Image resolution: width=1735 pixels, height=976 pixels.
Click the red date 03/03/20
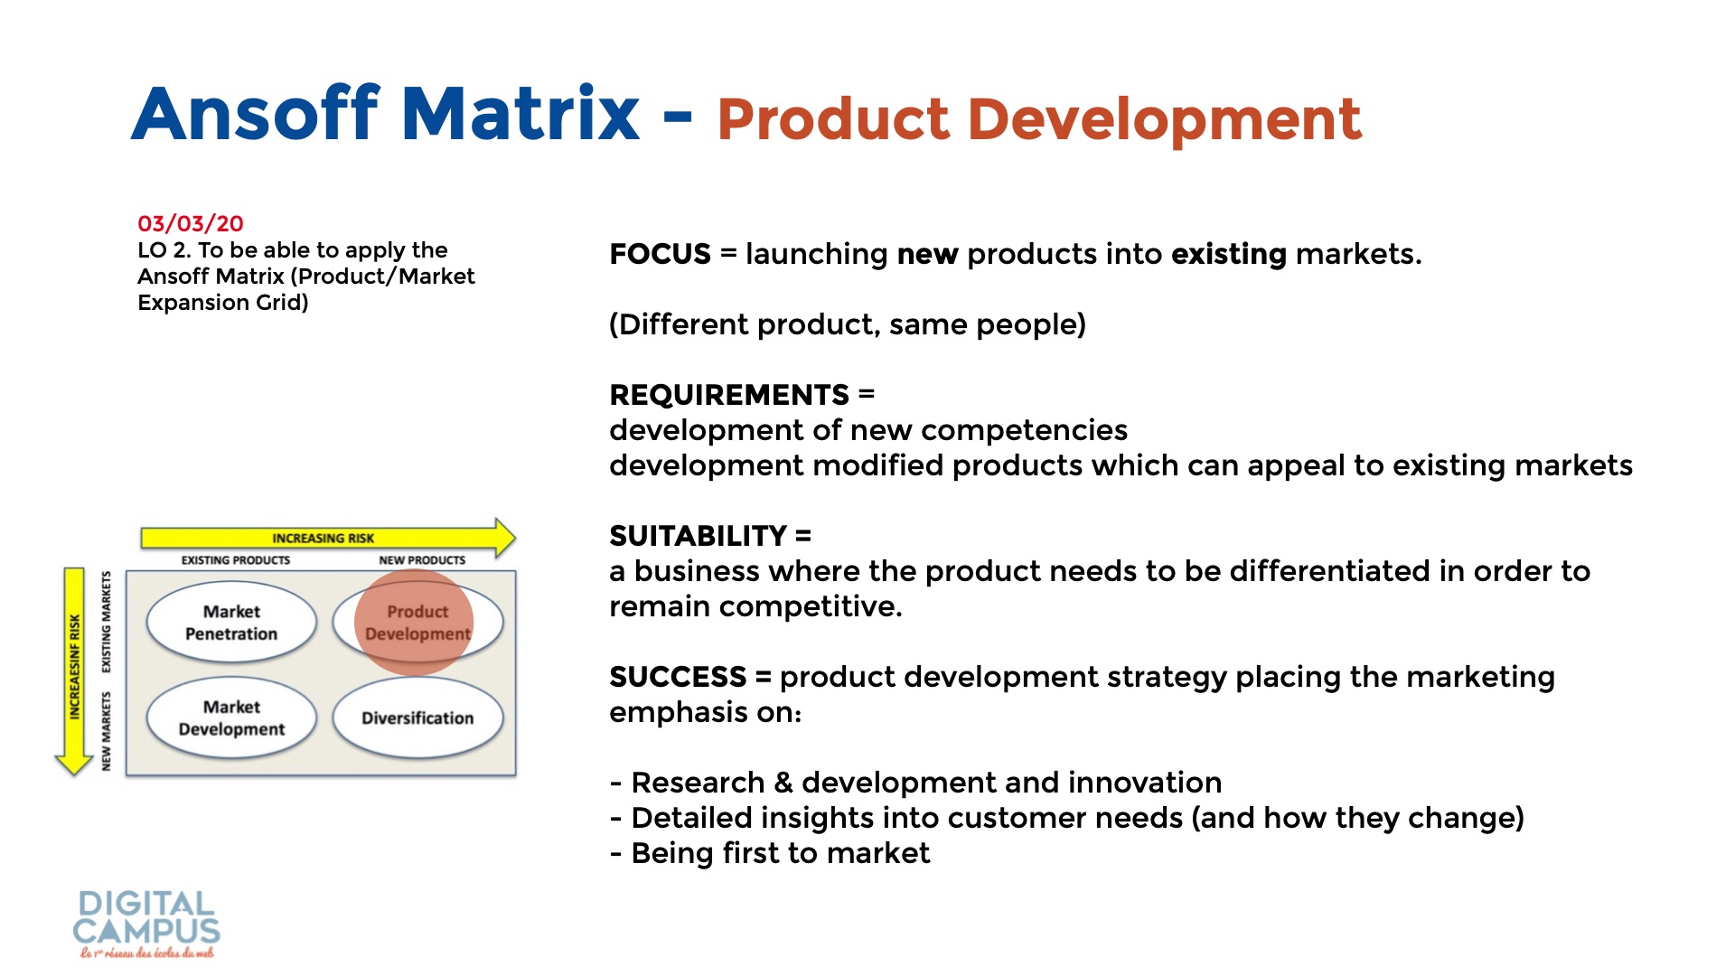point(191,223)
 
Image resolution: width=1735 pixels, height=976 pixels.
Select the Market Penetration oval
point(231,623)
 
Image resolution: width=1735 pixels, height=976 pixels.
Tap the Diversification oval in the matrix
point(417,718)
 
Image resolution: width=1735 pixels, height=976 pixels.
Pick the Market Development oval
point(231,718)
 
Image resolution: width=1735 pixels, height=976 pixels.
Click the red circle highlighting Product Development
point(414,622)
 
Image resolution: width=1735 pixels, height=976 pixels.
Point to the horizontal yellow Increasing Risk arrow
point(328,538)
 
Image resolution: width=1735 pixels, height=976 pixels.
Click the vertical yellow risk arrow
point(74,671)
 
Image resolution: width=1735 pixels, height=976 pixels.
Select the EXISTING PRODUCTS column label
point(236,560)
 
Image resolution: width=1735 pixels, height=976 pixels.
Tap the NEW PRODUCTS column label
point(422,560)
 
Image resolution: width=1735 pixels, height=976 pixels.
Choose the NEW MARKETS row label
point(107,731)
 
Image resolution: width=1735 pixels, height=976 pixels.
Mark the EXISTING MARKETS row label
point(107,622)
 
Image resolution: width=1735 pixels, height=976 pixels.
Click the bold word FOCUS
point(660,254)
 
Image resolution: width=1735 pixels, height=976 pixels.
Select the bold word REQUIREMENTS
point(729,395)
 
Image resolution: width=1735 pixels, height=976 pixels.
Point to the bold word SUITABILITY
point(699,536)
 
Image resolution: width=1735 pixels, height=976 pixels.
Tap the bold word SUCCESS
point(678,677)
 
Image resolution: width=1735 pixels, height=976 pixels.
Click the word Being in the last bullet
point(672,853)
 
